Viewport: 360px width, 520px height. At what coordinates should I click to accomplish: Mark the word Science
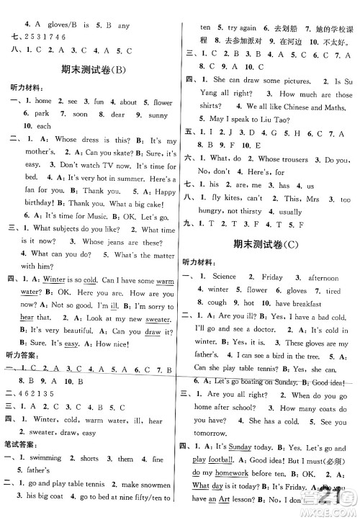coord(224,277)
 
